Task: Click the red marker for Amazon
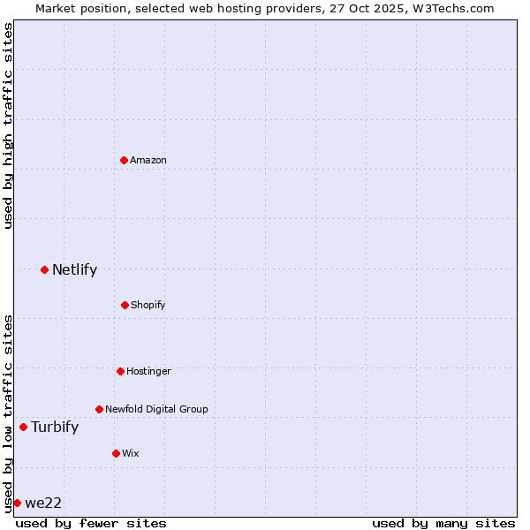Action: point(125,160)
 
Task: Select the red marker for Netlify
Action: point(44,269)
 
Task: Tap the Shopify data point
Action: point(125,305)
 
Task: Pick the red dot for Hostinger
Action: point(120,371)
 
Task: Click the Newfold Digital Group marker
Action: point(99,409)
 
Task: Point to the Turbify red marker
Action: point(23,427)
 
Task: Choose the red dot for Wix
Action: point(116,453)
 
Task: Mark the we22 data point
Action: point(17,503)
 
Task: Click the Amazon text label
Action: point(148,160)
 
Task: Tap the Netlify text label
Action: point(74,269)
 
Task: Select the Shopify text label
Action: point(148,305)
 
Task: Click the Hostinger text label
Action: point(148,371)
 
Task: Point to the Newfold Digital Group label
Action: point(156,409)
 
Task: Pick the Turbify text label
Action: point(55,427)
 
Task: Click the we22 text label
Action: point(43,503)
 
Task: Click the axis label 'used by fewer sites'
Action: point(91,523)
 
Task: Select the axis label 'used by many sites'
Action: point(443,523)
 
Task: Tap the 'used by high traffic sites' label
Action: point(8,126)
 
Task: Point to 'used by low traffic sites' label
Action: point(8,413)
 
